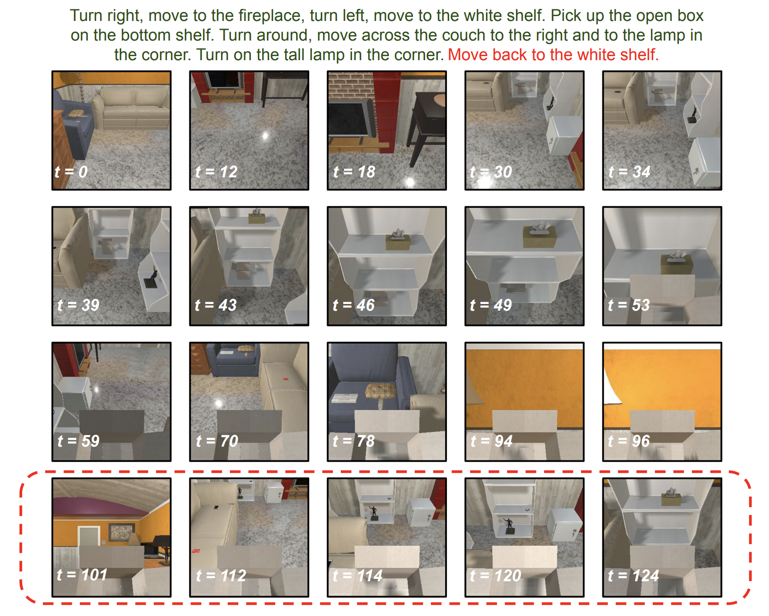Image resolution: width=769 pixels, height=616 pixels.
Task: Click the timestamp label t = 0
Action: pos(71,172)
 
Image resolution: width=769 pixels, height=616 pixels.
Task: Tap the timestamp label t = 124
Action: pos(633,575)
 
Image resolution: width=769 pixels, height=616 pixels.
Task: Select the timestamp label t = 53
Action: pos(629,305)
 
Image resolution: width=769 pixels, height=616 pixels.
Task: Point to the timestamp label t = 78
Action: pos(354,441)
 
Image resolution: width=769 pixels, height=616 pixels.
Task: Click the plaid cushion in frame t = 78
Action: pos(380,391)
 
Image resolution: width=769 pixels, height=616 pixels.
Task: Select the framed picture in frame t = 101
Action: pos(121,533)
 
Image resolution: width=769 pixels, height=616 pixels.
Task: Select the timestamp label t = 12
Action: pos(216,172)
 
